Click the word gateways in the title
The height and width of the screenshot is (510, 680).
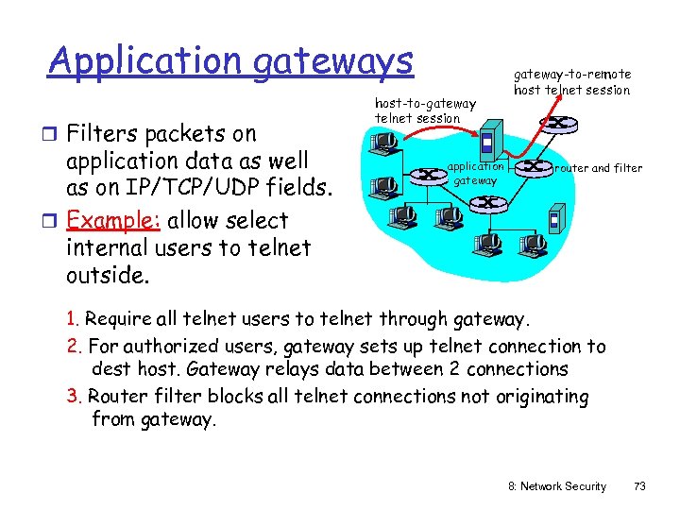click(331, 61)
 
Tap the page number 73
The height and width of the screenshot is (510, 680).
click(639, 486)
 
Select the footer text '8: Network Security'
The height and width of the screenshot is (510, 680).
click(557, 486)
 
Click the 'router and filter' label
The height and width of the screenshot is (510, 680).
click(599, 168)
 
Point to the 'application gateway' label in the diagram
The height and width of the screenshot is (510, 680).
click(476, 172)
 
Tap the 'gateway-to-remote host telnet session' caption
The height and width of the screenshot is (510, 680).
click(572, 81)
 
